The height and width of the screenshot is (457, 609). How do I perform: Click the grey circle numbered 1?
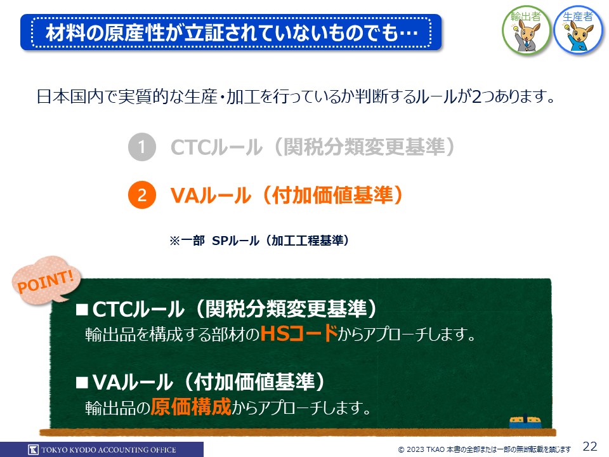tap(141, 147)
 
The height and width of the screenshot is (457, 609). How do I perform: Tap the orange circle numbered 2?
tap(141, 195)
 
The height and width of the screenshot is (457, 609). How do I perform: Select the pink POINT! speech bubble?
tap(46, 280)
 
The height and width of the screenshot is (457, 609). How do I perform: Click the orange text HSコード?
tap(299, 333)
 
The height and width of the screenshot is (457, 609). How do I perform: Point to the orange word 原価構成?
tap(191, 407)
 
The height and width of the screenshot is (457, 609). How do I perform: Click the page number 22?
tap(590, 446)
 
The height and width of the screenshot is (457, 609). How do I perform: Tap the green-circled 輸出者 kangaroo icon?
tap(526, 30)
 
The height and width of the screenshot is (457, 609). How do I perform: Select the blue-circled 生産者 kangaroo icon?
tap(579, 30)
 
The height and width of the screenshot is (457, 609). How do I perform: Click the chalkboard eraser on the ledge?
tap(525, 422)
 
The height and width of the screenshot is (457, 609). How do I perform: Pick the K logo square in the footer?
tap(34, 449)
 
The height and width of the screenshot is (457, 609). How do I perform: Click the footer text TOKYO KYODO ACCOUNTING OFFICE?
tap(108, 450)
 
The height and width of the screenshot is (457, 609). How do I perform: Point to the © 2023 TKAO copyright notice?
tap(484, 449)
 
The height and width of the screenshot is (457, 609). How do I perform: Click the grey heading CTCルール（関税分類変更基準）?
tap(313, 147)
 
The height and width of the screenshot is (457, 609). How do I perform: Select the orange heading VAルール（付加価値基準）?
tap(287, 195)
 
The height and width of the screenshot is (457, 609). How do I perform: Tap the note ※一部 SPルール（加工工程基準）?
tap(259, 241)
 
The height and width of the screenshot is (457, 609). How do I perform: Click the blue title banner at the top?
tap(231, 32)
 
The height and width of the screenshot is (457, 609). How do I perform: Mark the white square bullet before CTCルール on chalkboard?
tap(82, 309)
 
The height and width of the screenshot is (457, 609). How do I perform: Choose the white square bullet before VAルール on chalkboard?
tap(82, 383)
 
